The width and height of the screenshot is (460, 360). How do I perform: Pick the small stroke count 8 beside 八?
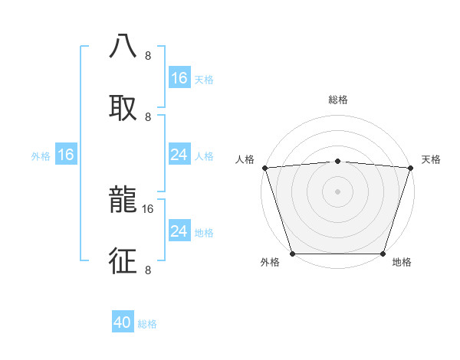tap(148, 56)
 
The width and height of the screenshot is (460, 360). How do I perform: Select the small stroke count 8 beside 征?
tap(148, 270)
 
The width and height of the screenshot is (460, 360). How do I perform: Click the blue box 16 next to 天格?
tap(179, 78)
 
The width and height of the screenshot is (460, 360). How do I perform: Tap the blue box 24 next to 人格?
tap(179, 155)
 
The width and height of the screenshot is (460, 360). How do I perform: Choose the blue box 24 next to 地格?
tap(179, 231)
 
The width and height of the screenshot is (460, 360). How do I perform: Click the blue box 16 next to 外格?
tap(66, 155)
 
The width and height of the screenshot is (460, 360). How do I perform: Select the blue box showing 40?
tap(123, 323)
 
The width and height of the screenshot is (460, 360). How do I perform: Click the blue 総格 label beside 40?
tap(147, 324)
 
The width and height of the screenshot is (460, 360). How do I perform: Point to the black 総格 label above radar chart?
tap(337, 100)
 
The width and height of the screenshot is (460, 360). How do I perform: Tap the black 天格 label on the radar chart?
tap(431, 159)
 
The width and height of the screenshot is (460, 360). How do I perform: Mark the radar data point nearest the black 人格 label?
tap(264, 168)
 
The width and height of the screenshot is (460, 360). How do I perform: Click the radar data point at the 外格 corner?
tap(293, 254)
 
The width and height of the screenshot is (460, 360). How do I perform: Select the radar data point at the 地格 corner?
tap(383, 254)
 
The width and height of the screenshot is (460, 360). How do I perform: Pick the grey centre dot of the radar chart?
tap(337, 191)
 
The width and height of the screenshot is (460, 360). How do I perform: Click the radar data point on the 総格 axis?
tap(337, 161)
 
